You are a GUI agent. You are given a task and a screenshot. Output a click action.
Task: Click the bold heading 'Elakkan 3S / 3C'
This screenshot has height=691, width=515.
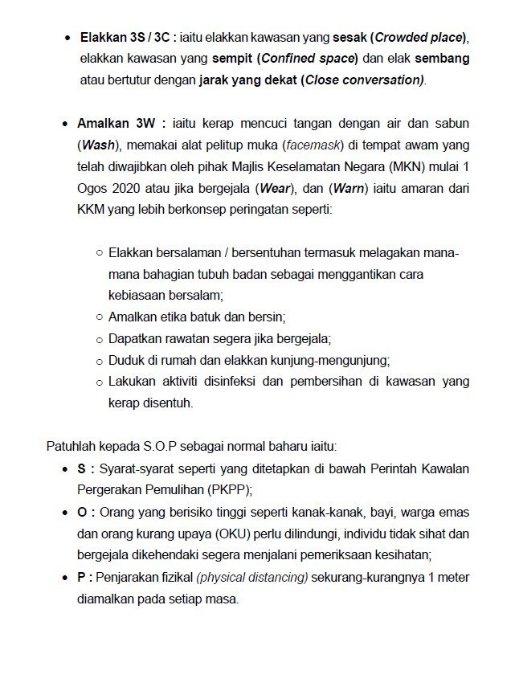point(127,37)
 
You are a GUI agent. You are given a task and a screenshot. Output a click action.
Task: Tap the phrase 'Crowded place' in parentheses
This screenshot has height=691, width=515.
point(420,37)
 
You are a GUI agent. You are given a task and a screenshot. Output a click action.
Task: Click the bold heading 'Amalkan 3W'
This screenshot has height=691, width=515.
point(122,125)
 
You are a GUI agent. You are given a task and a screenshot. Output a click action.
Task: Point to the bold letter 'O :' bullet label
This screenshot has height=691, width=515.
point(85,511)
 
